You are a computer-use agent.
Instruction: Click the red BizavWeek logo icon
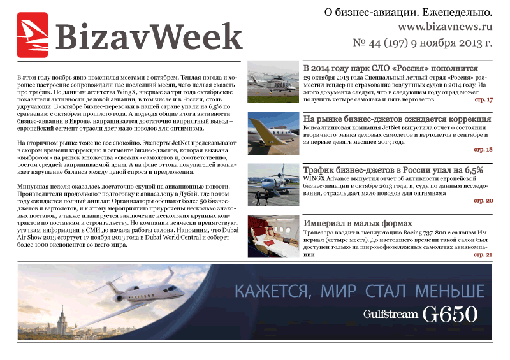point(33,36)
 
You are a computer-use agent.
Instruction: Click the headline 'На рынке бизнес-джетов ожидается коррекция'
point(397,119)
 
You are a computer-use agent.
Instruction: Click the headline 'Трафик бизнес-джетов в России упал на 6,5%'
point(393,169)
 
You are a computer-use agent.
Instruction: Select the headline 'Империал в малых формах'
point(358,224)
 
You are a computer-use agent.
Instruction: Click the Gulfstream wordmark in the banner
point(391,314)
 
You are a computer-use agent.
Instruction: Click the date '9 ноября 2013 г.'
point(455,43)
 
